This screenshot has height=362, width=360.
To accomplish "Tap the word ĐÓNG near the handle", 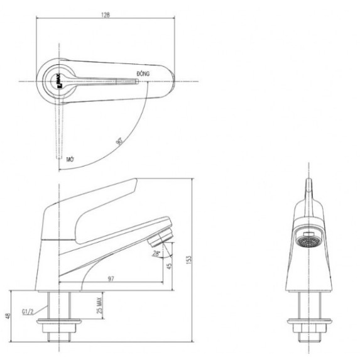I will pyautogui.click(x=143, y=74).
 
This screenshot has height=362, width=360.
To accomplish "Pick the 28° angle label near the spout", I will pyautogui.click(x=155, y=253).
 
